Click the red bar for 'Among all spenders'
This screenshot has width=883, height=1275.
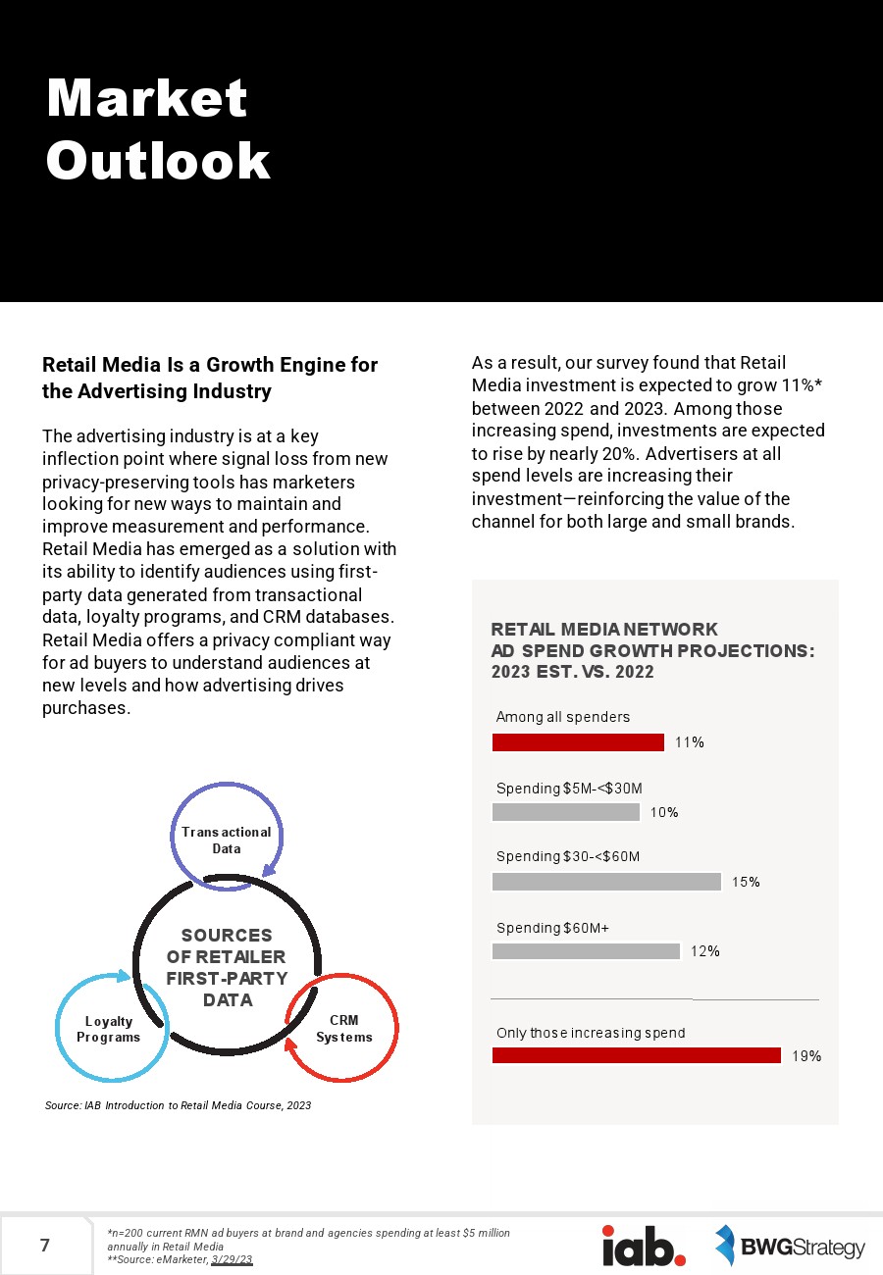[x=578, y=742]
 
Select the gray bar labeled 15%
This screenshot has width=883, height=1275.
[x=606, y=882]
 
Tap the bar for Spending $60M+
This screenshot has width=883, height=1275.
[x=586, y=951]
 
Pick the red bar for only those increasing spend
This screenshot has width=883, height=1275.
[x=636, y=1055]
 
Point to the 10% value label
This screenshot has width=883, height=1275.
[x=664, y=812]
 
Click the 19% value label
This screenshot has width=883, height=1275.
[x=806, y=1056]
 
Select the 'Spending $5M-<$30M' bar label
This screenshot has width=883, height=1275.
[x=569, y=789]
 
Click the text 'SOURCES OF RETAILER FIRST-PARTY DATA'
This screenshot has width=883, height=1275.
[x=227, y=968]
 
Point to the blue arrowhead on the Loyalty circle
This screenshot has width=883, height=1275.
[x=124, y=976]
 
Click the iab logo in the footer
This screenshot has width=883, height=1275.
[x=644, y=1246]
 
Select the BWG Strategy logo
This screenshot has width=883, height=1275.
[x=790, y=1247]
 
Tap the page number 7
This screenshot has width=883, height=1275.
[x=45, y=1247]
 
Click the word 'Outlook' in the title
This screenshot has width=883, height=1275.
[x=158, y=161]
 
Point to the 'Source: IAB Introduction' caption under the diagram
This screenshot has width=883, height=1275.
[x=178, y=1105]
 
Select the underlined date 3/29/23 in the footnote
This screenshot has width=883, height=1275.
[x=232, y=1259]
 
